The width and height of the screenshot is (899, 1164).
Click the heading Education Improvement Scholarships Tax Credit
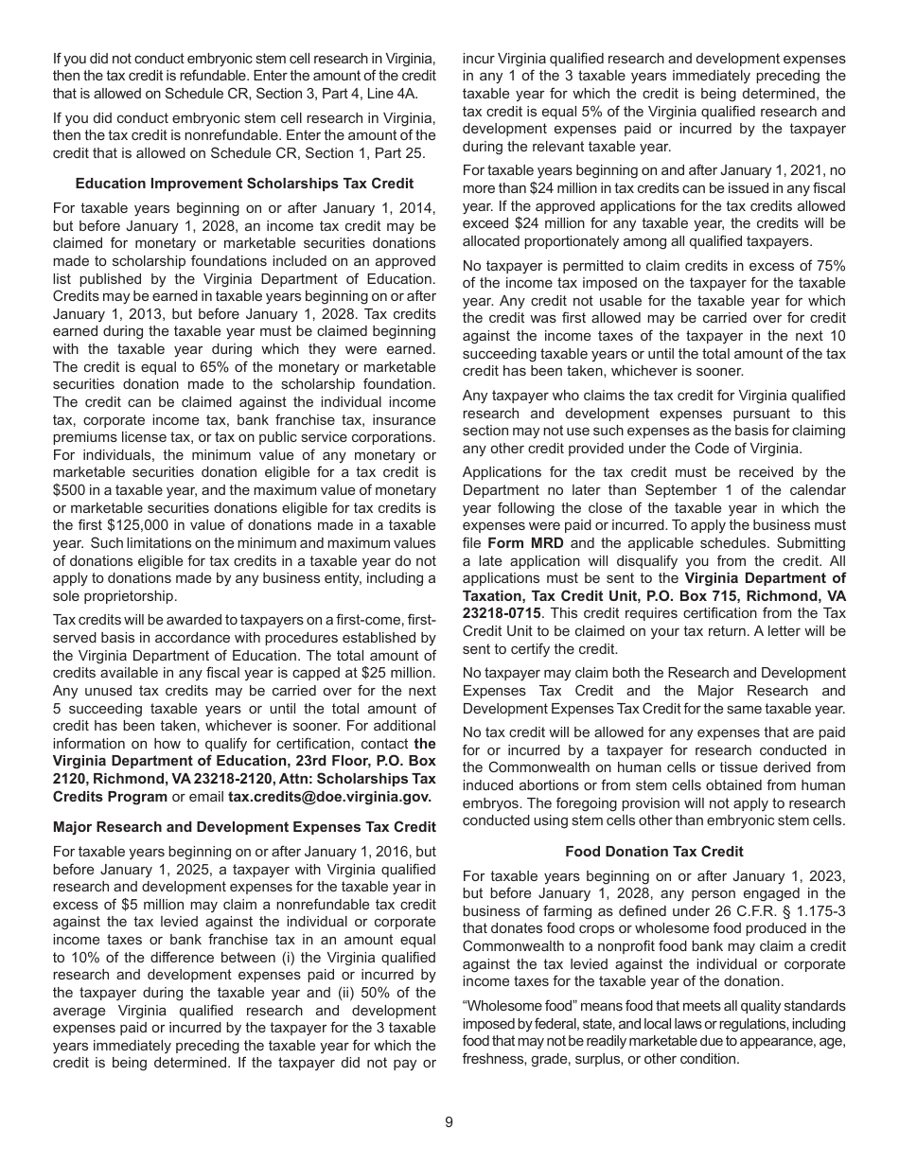[x=244, y=183]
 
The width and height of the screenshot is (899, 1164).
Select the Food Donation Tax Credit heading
[x=654, y=852]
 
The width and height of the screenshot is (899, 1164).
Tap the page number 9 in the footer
[x=449, y=1122]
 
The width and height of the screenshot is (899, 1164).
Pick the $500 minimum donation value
[x=69, y=489]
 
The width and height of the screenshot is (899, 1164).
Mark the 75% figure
[x=829, y=265]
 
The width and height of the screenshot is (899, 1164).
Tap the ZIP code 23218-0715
[x=505, y=613]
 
